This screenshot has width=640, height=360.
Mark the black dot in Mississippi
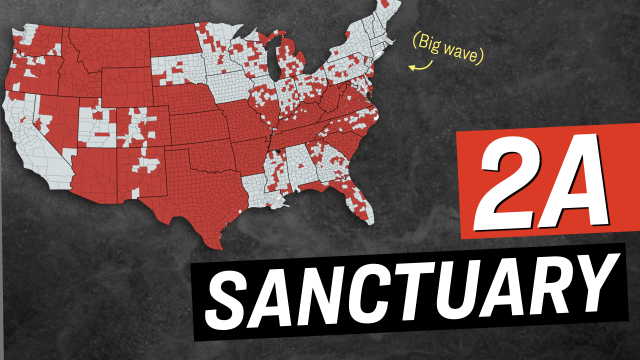click(278, 150)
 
